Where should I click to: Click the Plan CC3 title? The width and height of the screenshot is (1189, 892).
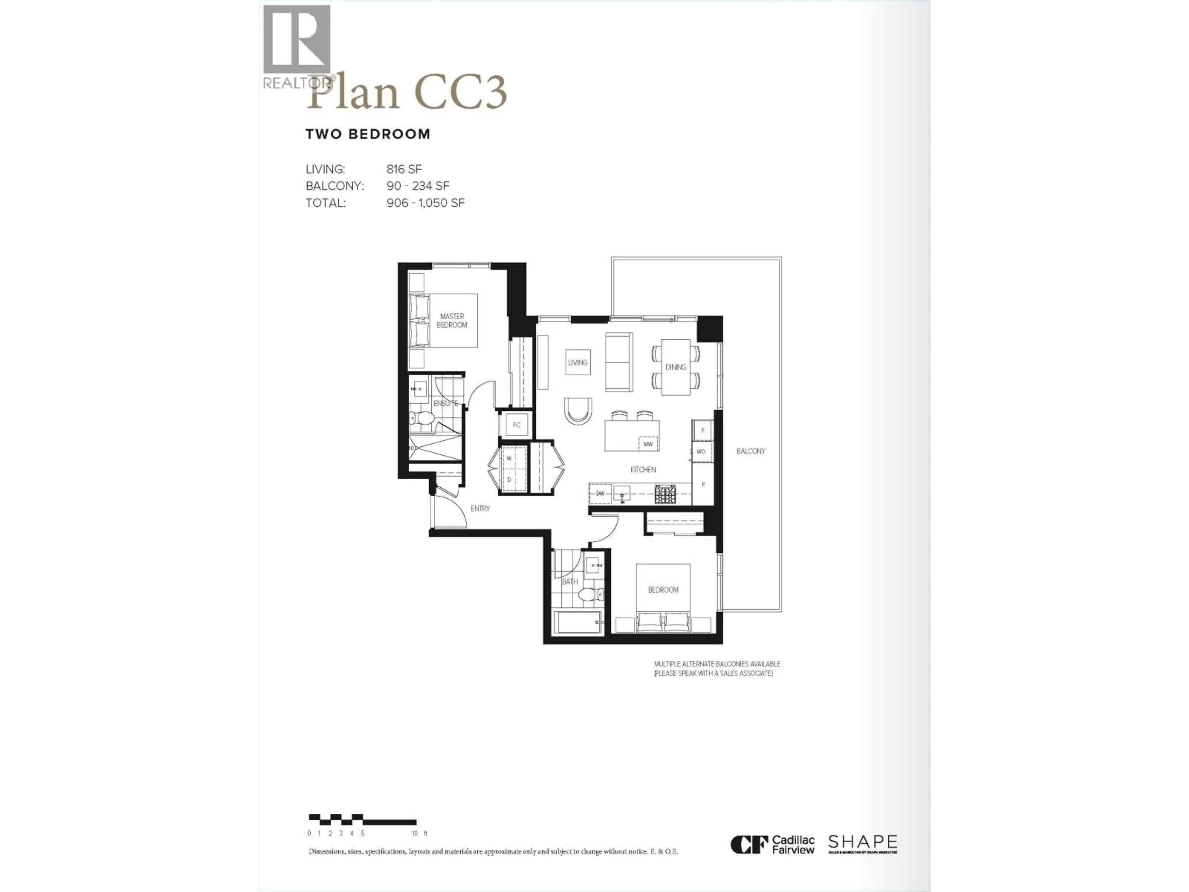pyautogui.click(x=407, y=93)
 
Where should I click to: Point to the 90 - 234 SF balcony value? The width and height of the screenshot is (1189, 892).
pyautogui.click(x=418, y=186)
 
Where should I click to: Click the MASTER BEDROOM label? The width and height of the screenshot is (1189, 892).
pyautogui.click(x=451, y=321)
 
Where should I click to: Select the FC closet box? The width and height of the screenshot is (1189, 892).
pyautogui.click(x=516, y=425)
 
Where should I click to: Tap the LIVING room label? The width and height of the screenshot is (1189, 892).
pyautogui.click(x=578, y=362)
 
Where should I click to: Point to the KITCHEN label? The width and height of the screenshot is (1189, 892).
pyautogui.click(x=643, y=470)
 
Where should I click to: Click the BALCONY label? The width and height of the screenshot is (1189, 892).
pyautogui.click(x=750, y=451)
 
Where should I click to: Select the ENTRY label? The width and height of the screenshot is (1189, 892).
pyautogui.click(x=480, y=508)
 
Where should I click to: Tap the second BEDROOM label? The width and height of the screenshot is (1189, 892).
pyautogui.click(x=663, y=590)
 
